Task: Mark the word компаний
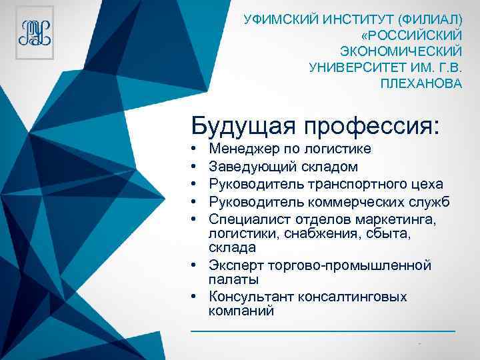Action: [241, 311]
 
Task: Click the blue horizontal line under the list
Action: [323, 330]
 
